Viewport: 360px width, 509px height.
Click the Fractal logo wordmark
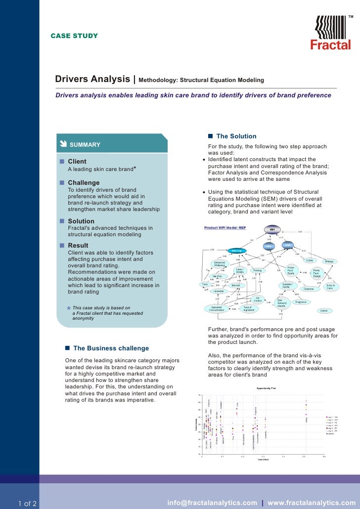coord(330,45)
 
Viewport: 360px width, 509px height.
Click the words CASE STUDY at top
coord(74,36)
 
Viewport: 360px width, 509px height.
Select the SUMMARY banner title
coord(85,145)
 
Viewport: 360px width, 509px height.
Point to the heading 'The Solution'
coord(236,136)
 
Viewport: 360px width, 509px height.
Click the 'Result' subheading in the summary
coord(78,246)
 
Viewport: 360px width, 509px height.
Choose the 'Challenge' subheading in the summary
coord(84,183)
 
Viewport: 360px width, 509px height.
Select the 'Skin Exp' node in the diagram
coord(237,251)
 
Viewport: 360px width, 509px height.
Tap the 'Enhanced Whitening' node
coord(220,264)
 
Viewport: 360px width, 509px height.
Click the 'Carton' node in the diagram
coord(323,310)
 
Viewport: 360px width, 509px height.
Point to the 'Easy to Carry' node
coord(330,287)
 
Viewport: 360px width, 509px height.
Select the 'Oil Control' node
coord(258,299)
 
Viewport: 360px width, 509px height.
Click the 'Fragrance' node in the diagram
coord(301,301)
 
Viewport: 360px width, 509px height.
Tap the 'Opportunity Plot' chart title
coord(266,388)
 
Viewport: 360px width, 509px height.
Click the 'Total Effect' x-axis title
coord(263,459)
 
